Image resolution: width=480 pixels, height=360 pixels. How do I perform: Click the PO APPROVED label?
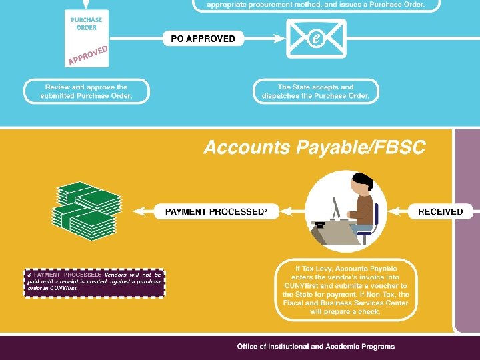(203, 39)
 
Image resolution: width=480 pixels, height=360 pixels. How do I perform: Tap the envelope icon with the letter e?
(316, 38)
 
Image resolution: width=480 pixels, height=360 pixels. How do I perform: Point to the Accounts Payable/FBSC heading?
(314, 147)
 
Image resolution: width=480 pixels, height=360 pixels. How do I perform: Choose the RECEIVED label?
(440, 211)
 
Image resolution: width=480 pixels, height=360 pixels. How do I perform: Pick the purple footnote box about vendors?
(94, 282)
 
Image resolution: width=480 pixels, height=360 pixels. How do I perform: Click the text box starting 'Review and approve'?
(86, 91)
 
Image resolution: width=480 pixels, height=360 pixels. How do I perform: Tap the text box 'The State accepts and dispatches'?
(315, 91)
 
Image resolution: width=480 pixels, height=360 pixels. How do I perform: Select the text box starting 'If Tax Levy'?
(346, 289)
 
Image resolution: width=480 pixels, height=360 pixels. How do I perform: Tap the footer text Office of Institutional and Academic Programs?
(315, 346)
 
